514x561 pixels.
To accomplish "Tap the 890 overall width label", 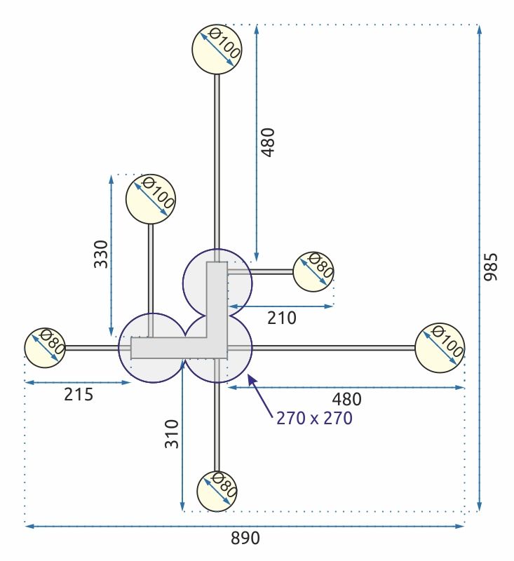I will [245, 538].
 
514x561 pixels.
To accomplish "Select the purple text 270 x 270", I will [314, 419].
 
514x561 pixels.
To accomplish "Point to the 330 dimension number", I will [101, 254].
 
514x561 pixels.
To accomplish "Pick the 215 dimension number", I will [79, 394].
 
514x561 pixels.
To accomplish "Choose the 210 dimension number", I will [281, 318].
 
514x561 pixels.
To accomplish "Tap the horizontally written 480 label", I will [346, 399].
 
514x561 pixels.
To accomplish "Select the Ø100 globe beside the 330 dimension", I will [150, 198].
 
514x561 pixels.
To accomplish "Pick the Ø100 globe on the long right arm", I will [440, 348].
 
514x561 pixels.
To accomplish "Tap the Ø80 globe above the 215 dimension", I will [46, 347].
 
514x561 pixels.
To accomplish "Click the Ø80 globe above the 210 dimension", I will [313, 271].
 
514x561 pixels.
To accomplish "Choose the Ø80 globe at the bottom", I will [217, 491].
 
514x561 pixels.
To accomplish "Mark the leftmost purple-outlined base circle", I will [152, 348].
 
